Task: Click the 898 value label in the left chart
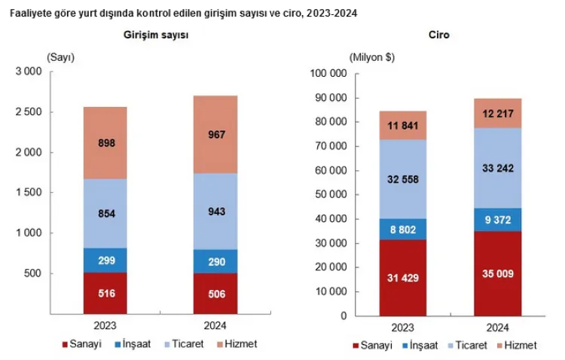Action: [x=105, y=142]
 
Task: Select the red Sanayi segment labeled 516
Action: [x=105, y=293]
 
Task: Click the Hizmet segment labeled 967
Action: [x=215, y=135]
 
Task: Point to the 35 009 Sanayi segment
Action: [x=497, y=273]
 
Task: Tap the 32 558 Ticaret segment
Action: [x=403, y=180]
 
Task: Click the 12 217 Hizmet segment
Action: [x=497, y=113]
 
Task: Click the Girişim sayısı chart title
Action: [x=157, y=36]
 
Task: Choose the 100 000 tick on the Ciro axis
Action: [x=328, y=74]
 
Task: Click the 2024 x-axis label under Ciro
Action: [x=497, y=328]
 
